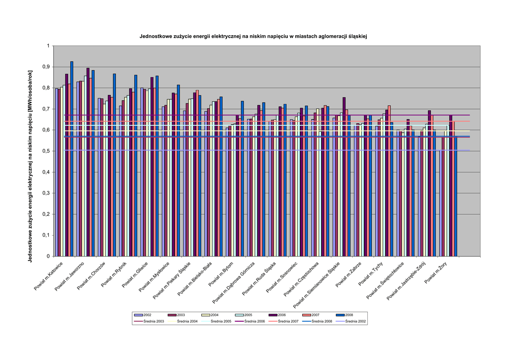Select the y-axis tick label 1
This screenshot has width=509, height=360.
tap(48, 46)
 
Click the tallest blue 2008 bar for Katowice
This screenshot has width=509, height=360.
tap(72, 159)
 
